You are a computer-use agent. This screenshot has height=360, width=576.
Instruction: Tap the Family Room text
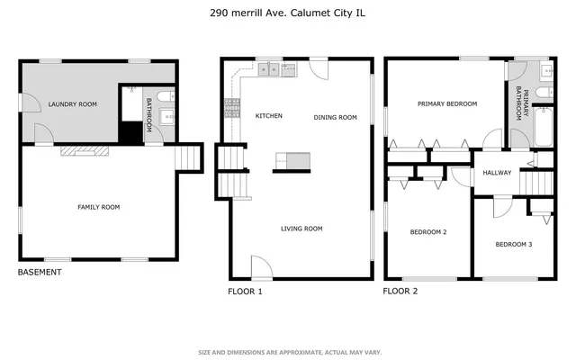pyautogui.click(x=98, y=207)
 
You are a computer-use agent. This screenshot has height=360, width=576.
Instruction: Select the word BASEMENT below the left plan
pyautogui.click(x=40, y=272)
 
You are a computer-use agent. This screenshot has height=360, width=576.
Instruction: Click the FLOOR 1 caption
pyautogui.click(x=245, y=292)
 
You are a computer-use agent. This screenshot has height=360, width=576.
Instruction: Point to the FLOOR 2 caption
pyautogui.click(x=400, y=292)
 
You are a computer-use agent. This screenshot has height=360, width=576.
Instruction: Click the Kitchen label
pyautogui.click(x=269, y=116)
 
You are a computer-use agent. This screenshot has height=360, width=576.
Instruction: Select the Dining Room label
pyautogui.click(x=336, y=117)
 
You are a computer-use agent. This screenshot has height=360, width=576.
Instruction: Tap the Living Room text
pyautogui.click(x=301, y=229)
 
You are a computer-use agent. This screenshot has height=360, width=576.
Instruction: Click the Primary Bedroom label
pyautogui.click(x=447, y=103)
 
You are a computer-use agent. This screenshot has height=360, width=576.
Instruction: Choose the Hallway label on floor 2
pyautogui.click(x=497, y=173)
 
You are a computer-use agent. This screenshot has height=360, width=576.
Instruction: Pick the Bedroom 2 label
pyautogui.click(x=428, y=232)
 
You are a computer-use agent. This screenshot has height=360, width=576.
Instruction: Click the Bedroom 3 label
pyautogui.click(x=513, y=245)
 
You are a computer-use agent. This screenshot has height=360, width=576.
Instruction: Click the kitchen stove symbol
pyautogui.click(x=230, y=108)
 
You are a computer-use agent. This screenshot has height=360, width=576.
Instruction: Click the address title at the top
pyautogui.click(x=288, y=13)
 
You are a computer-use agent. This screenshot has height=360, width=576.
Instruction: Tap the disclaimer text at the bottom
pyautogui.click(x=288, y=351)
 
